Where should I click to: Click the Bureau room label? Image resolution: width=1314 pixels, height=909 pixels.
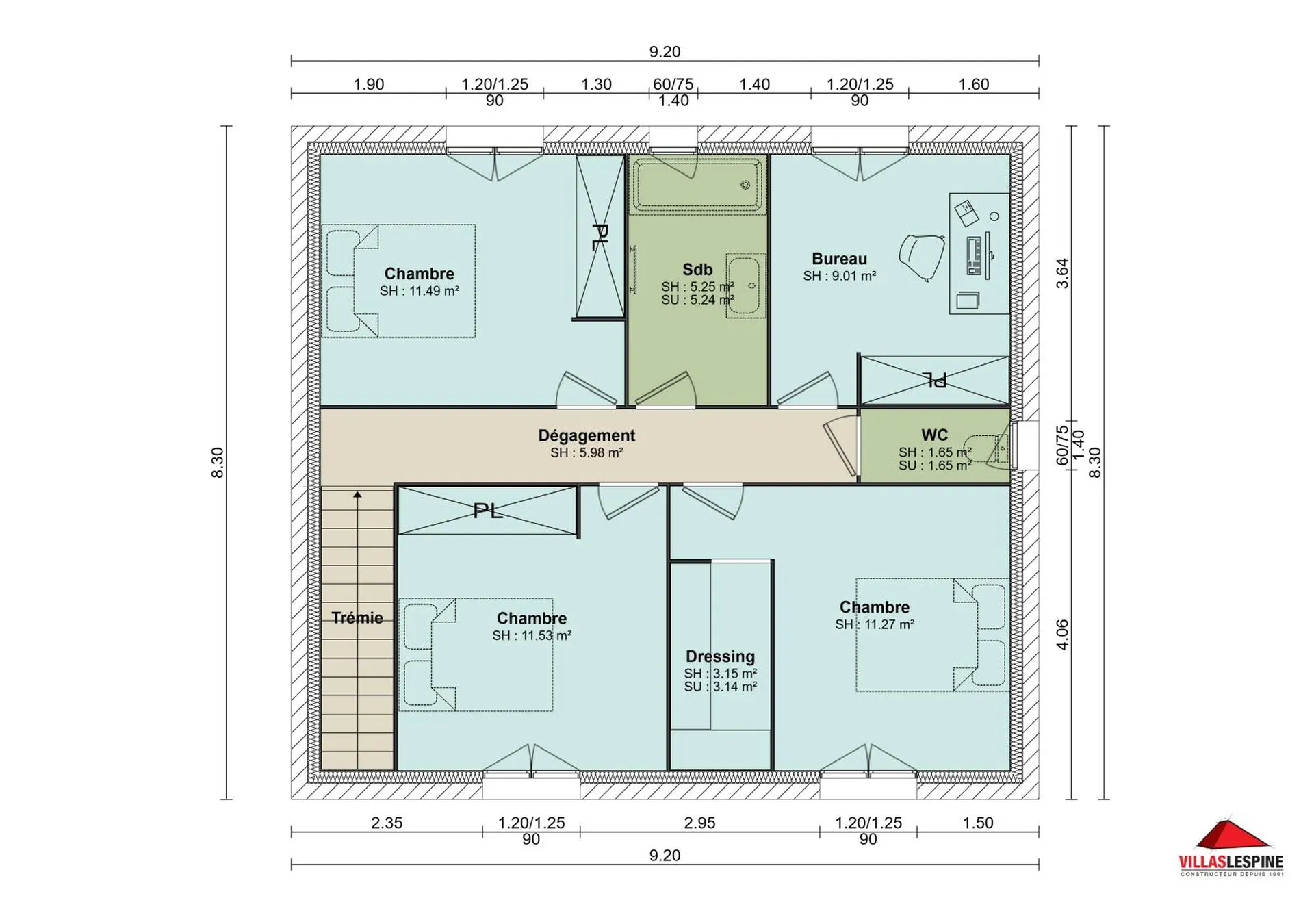[839, 259]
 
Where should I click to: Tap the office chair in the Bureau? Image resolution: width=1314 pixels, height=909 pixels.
[921, 256]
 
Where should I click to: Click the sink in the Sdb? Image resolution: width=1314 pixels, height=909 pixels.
[744, 286]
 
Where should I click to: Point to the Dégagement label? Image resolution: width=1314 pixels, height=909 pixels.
[587, 435]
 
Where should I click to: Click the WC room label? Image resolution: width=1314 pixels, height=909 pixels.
[934, 435]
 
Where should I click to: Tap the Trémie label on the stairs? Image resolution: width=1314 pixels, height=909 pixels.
[357, 617]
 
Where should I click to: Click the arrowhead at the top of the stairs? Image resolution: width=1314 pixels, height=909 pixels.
[357, 494]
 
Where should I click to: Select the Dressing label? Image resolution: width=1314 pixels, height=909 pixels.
[720, 656]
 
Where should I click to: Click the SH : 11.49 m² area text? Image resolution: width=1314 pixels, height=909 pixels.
[419, 291]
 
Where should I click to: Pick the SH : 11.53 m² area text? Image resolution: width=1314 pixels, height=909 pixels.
[532, 636]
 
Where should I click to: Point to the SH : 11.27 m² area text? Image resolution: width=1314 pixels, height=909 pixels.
[875, 624]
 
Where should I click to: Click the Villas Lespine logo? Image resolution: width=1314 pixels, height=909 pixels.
[1231, 848]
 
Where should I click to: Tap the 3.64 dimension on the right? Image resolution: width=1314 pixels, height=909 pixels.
[1061, 273]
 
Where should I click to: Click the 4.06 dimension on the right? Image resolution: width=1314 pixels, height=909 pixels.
[1061, 635]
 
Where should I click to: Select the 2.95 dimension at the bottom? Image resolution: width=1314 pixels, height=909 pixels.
[699, 823]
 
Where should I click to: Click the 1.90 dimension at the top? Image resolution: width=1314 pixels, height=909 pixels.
[368, 84]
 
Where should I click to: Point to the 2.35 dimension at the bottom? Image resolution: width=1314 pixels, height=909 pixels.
[387, 823]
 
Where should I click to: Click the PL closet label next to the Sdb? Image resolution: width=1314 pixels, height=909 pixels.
[600, 236]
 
